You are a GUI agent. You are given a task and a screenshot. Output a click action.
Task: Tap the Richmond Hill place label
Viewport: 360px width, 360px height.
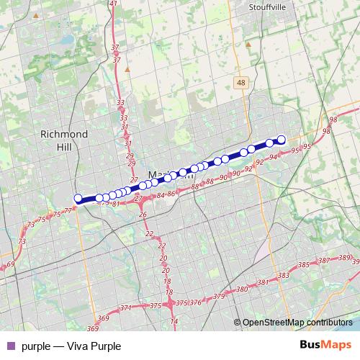63,140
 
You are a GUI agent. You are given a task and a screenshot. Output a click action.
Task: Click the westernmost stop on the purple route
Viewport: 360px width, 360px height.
78,198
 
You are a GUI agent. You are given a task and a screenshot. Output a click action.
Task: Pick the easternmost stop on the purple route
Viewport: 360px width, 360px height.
282,140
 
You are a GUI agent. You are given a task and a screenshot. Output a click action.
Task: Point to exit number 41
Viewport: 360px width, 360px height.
113,4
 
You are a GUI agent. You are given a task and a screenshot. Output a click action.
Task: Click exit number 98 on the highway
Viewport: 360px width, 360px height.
333,120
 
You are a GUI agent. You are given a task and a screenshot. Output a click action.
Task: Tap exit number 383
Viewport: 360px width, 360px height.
283,275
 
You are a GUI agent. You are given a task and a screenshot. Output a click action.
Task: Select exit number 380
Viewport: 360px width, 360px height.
242,289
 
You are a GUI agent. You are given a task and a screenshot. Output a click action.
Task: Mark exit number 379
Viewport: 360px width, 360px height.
219,296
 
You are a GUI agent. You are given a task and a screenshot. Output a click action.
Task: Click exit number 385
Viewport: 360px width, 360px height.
303,265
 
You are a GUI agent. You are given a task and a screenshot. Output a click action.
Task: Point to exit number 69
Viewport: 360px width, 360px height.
10,265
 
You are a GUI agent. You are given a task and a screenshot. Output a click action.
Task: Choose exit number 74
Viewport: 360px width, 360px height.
173,321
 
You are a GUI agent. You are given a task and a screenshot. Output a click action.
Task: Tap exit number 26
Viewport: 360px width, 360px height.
143,215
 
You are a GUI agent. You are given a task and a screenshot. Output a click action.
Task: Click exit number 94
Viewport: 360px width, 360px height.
273,156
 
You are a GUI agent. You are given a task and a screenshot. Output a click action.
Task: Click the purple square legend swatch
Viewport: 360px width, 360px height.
10,346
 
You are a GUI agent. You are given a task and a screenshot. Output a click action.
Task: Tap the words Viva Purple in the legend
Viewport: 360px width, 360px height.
94,346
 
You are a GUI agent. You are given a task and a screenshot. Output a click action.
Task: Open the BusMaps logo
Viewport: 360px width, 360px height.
327,345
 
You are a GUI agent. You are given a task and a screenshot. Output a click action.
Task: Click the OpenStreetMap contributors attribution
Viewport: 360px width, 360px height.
297,322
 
